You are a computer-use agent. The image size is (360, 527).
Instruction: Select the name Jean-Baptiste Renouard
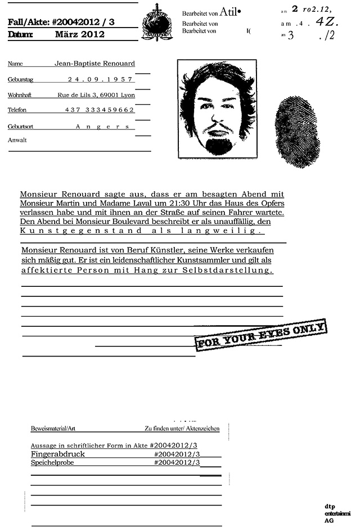[x=94, y=64]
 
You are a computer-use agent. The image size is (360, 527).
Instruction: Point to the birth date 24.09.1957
[x=100, y=79]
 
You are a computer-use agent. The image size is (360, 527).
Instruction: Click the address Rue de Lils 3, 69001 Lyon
[x=96, y=95]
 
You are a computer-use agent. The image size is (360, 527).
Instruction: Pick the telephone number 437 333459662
[x=100, y=110]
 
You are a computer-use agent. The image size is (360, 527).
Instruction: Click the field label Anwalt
[x=17, y=140]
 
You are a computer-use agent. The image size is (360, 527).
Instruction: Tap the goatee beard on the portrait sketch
[x=219, y=145]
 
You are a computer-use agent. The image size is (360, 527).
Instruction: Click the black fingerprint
[x=296, y=132]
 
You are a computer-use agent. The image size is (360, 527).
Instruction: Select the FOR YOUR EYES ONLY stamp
[x=260, y=335]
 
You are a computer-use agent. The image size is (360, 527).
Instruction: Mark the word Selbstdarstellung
[x=235, y=270]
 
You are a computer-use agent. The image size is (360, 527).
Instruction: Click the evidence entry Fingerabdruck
[x=54, y=453]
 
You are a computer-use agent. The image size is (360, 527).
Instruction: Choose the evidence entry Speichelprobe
[x=52, y=462]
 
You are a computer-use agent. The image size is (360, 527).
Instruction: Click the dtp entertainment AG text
[x=337, y=514]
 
